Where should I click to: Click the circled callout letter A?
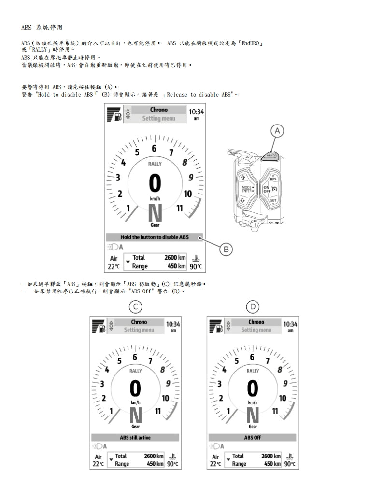click(277, 131)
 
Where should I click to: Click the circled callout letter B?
click(226, 249)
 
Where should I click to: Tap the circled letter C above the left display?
click(135, 307)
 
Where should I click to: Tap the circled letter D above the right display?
click(253, 307)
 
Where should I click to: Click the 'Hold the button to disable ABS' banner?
click(155, 237)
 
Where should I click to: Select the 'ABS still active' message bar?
click(135, 438)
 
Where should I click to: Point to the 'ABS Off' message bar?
click(253, 438)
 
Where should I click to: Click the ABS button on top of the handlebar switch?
click(270, 156)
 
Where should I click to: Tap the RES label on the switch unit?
click(273, 179)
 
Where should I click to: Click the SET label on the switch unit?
click(273, 200)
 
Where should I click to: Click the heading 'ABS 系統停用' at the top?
click(42, 28)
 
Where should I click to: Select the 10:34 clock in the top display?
click(196, 111)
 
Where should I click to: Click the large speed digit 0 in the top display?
click(155, 183)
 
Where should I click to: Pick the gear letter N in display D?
click(253, 416)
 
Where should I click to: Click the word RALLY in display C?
click(136, 371)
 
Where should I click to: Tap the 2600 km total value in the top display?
click(175, 257)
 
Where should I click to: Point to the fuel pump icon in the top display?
click(118, 117)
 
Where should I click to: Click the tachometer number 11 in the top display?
click(180, 208)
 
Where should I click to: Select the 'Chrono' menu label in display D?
click(256, 322)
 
